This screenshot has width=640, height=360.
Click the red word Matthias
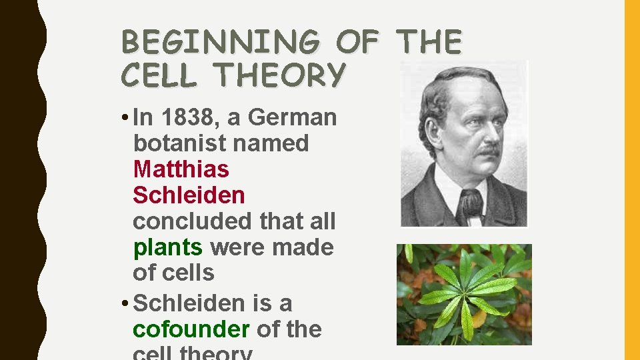[x=181, y=169]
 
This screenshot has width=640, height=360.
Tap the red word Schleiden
[x=189, y=195]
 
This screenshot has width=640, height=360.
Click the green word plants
[x=167, y=247]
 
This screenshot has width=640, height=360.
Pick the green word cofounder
[x=191, y=329]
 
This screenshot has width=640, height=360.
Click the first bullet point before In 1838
[x=125, y=118]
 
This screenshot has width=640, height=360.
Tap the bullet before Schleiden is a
[x=125, y=304]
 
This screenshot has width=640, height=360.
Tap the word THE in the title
[x=428, y=42]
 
